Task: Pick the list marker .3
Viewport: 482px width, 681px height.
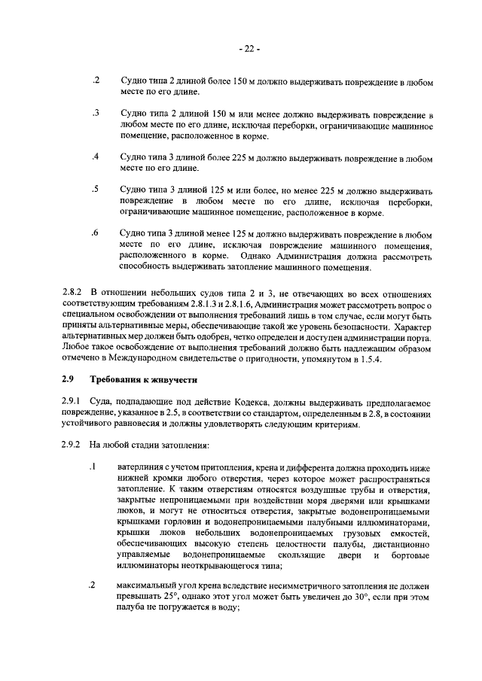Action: click(x=95, y=113)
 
